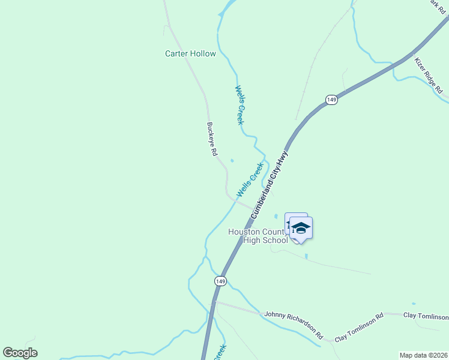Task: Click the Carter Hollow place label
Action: [x=190, y=53]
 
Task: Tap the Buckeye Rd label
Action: [x=211, y=140]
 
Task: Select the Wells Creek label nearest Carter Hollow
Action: [x=240, y=105]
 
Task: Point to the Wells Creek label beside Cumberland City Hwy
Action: [x=250, y=179]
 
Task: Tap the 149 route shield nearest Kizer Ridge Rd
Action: [x=331, y=99]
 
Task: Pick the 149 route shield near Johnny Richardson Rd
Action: [x=220, y=281]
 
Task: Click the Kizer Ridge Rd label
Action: [x=429, y=76]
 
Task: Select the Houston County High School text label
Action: [x=258, y=236]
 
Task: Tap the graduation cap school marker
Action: [x=301, y=228]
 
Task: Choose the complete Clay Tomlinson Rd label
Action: [x=359, y=328]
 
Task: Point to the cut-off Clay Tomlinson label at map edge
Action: [x=426, y=316]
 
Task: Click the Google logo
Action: [x=20, y=353]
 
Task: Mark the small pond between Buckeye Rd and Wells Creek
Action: [x=232, y=160]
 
